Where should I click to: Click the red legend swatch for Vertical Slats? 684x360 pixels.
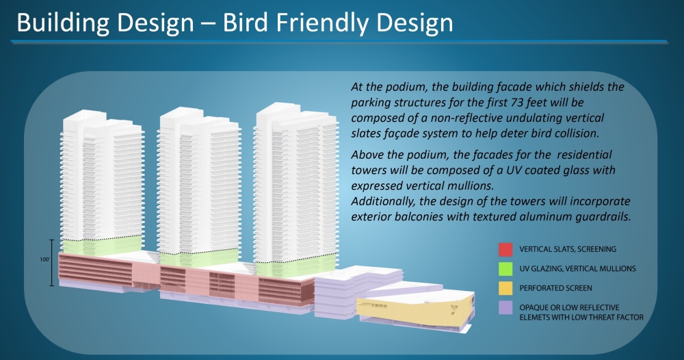[505, 250]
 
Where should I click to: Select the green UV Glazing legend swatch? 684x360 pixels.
[505, 269]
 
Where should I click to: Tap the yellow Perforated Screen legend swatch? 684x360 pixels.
[505, 288]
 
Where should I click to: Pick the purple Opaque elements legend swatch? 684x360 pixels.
[505, 307]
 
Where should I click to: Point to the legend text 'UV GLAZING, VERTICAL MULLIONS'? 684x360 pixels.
[577, 269]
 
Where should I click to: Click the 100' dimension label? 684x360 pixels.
[45, 259]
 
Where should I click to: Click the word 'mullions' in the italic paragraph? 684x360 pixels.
[473, 186]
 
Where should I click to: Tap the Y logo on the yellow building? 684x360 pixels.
[454, 309]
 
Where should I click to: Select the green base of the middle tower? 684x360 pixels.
[199, 257]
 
